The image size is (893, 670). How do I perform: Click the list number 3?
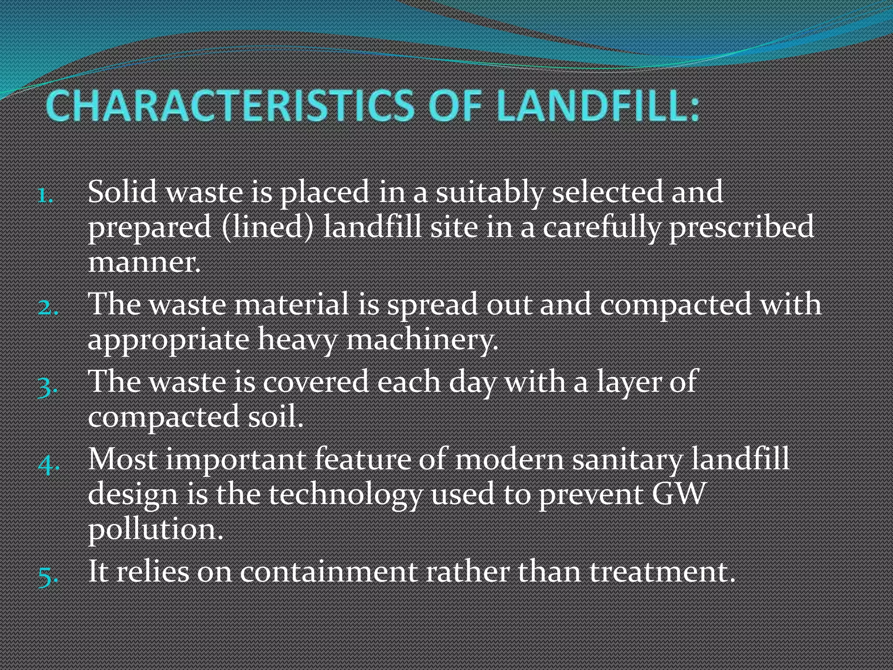point(47,386)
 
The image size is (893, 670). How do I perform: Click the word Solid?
point(122,192)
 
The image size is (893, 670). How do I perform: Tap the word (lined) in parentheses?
point(267,227)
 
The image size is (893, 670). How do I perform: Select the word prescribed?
point(741,227)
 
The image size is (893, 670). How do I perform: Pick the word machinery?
point(422,340)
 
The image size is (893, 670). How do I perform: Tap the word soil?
point(275,417)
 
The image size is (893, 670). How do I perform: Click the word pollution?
point(155,530)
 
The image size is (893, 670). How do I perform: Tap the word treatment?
point(663,572)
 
